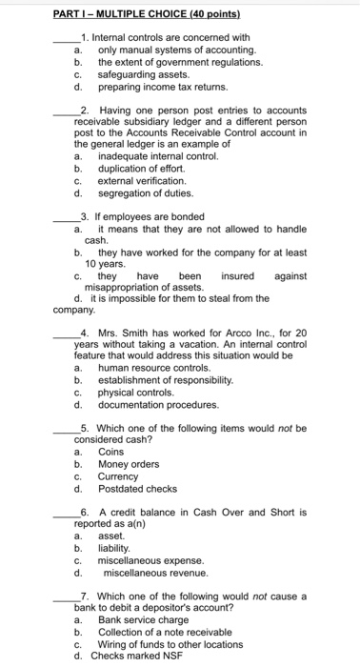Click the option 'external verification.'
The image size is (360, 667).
pyautogui.click(x=142, y=178)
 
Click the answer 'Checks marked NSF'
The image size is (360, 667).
pyautogui.click(x=133, y=656)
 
